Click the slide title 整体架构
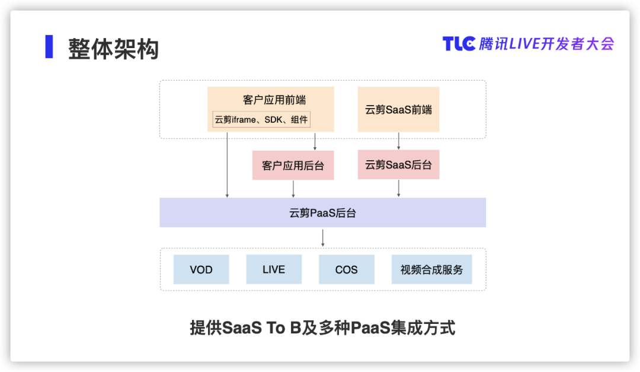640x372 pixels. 113,49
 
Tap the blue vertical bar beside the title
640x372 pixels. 49,47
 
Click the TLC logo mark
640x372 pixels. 459,44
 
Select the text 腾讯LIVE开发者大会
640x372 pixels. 546,44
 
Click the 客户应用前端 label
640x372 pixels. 274,100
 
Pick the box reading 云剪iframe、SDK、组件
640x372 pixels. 261,119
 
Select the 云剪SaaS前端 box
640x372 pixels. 398,109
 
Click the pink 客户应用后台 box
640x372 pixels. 293,165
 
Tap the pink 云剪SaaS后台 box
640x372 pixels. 398,164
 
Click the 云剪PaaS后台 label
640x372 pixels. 322,213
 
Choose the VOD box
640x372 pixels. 201,269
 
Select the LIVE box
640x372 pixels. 274,269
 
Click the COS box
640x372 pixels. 347,269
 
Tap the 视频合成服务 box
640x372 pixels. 432,269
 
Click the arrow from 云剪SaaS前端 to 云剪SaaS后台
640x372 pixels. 398,141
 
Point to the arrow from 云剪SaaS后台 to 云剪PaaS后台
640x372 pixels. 398,188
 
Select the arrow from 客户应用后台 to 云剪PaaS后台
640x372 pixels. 293,189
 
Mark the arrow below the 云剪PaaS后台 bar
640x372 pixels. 323,238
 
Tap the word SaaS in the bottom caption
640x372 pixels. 242,328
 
